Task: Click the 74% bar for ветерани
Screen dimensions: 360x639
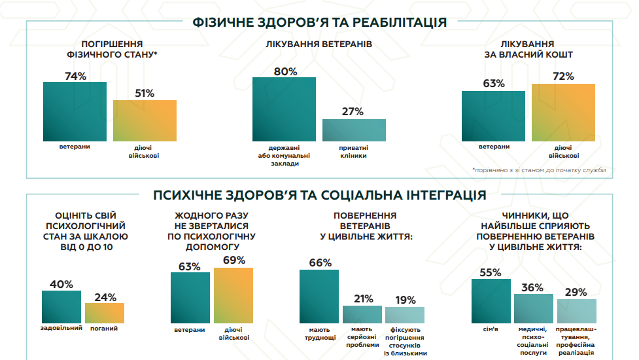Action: click(75, 111)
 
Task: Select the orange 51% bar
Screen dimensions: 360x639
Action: click(145, 120)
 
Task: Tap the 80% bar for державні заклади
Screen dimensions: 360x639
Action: click(284, 109)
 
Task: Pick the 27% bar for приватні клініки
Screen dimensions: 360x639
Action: click(354, 130)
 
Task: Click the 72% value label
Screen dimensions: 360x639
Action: click(563, 77)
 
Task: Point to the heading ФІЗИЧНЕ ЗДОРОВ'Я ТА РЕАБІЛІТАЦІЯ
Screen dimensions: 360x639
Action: click(319, 22)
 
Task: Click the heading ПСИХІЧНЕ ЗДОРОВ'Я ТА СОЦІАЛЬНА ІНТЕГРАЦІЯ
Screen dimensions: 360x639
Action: click(319, 194)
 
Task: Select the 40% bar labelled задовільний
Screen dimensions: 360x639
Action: click(61, 306)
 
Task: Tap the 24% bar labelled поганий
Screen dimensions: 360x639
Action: click(105, 313)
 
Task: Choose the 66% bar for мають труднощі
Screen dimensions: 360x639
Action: click(319, 297)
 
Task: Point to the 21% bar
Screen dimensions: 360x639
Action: click(362, 314)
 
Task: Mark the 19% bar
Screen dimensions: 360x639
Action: click(405, 315)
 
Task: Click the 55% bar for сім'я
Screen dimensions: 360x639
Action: click(491, 300)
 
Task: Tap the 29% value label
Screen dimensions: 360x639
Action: click(576, 292)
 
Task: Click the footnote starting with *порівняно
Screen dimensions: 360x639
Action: click(538, 170)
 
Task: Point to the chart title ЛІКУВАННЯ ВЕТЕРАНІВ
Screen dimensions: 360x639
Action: click(319, 45)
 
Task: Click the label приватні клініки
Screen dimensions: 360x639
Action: click(354, 151)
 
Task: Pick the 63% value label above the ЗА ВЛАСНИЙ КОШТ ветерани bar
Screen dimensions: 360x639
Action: click(494, 83)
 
